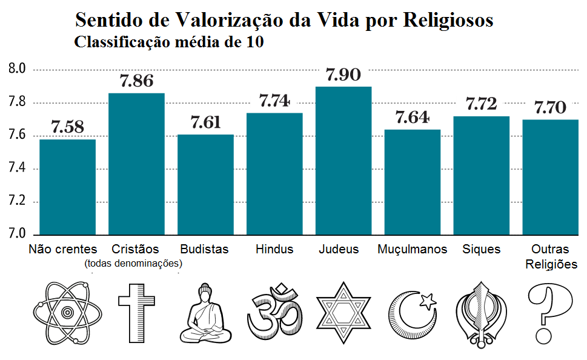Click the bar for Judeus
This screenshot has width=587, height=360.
click(x=343, y=161)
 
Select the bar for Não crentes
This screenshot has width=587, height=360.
click(x=67, y=187)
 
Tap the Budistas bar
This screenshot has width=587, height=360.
click(x=205, y=184)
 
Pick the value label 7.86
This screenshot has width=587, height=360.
click(x=136, y=81)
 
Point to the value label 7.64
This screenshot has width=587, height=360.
click(x=412, y=118)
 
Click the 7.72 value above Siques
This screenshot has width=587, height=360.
click(x=481, y=104)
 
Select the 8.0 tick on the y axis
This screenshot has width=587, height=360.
click(x=18, y=69)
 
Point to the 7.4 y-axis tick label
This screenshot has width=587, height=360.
click(x=18, y=168)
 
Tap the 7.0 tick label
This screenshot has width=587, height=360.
click(x=18, y=234)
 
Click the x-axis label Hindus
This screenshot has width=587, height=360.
click(x=274, y=249)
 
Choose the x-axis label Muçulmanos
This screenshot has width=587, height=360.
click(x=412, y=249)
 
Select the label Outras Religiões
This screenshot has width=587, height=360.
click(x=551, y=256)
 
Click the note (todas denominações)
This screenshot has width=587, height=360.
click(x=134, y=264)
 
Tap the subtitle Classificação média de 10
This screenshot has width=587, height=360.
click(x=168, y=43)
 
